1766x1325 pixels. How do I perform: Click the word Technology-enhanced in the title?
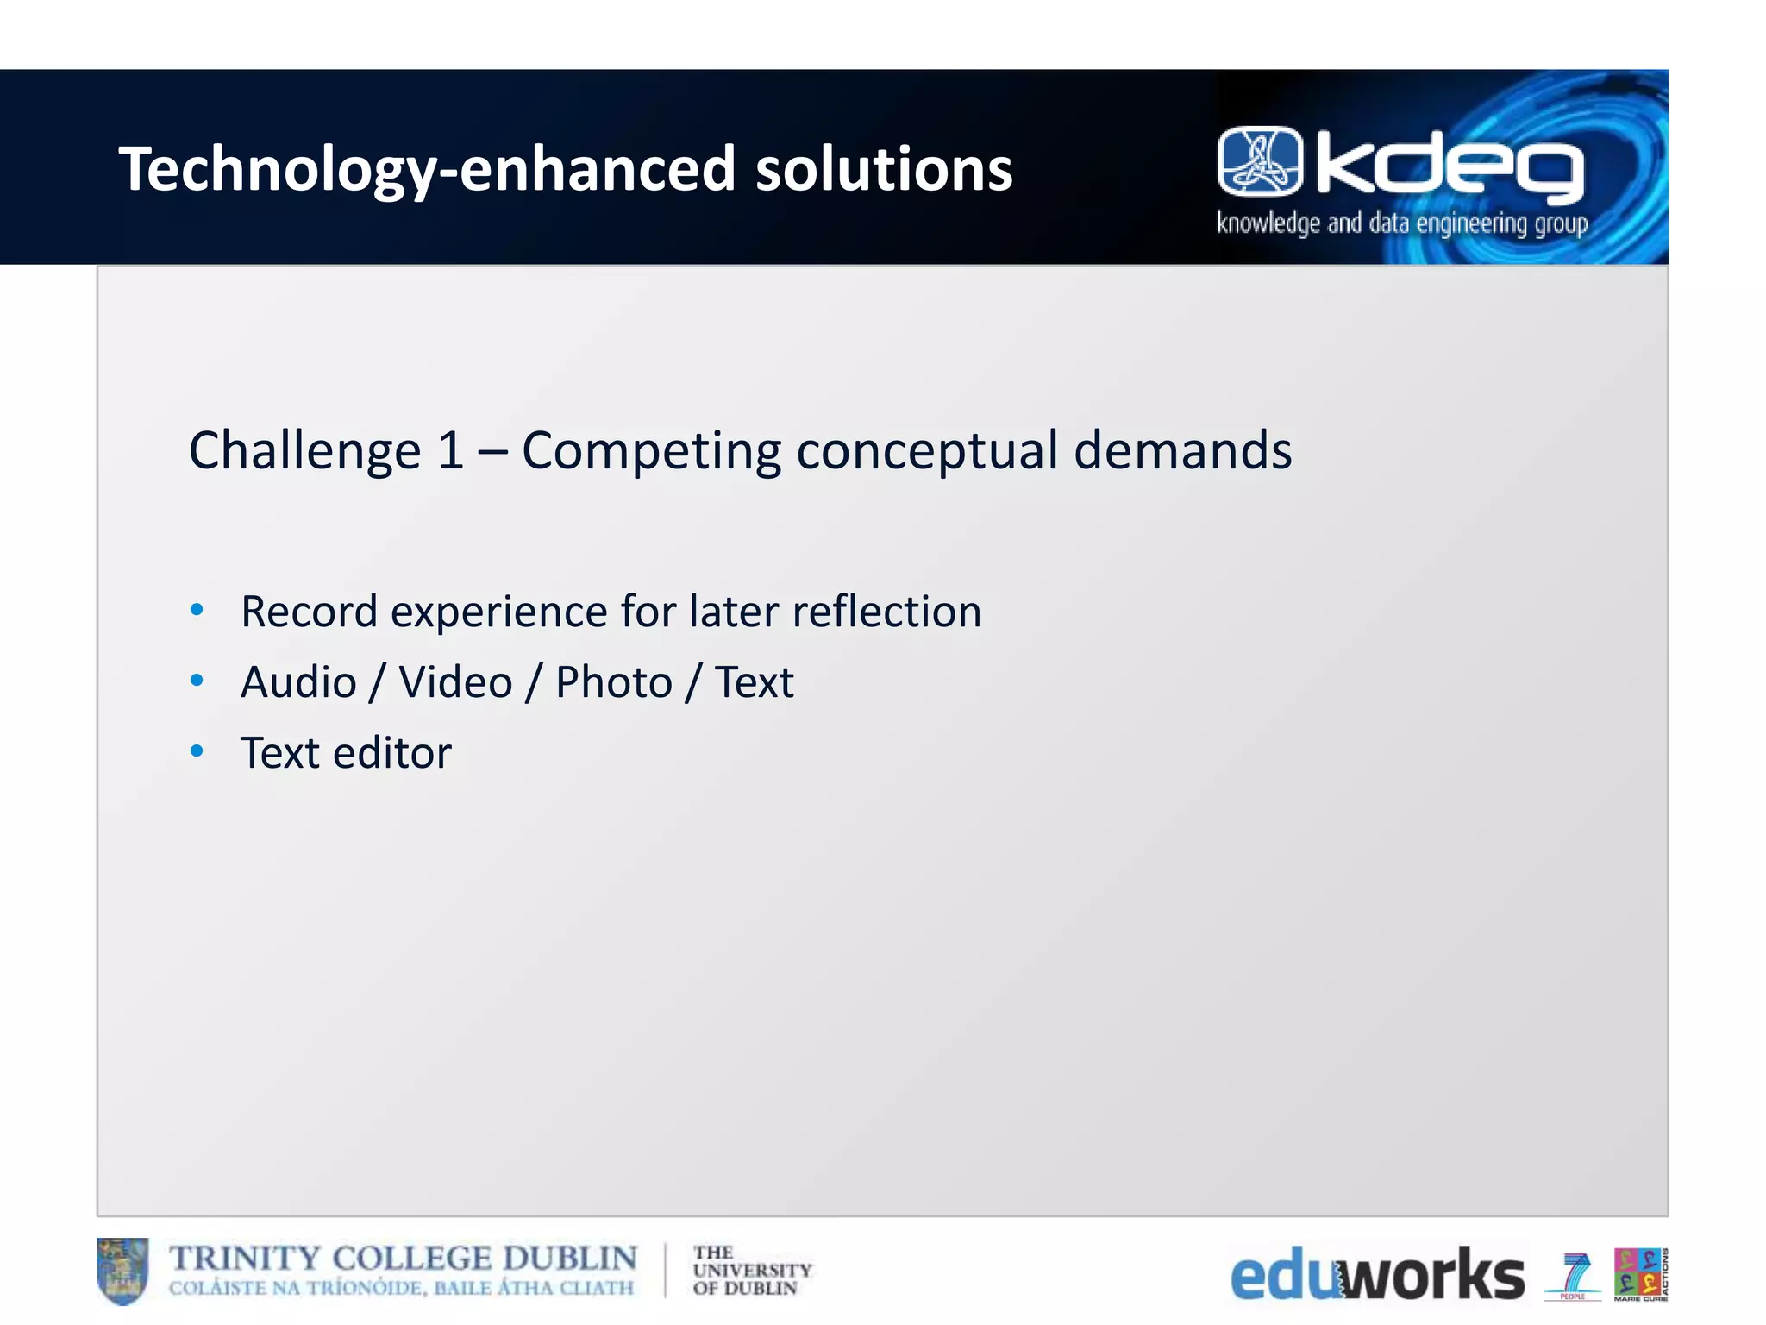pyautogui.click(x=427, y=169)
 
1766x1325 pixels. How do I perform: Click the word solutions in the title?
pyautogui.click(x=884, y=169)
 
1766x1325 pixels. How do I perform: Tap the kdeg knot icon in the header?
pyautogui.click(x=1260, y=161)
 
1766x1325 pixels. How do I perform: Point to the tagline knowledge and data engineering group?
pyautogui.click(x=1402, y=223)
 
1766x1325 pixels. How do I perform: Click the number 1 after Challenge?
pyautogui.click(x=450, y=450)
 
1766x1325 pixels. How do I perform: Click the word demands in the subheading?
pyautogui.click(x=1182, y=450)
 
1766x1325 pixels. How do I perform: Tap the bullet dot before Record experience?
pyautogui.click(x=197, y=610)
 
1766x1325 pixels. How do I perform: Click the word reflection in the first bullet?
pyautogui.click(x=886, y=612)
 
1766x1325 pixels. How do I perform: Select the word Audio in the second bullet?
pyautogui.click(x=298, y=682)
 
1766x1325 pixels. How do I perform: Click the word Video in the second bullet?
pyautogui.click(x=455, y=682)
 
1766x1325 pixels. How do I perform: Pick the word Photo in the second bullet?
pyautogui.click(x=613, y=682)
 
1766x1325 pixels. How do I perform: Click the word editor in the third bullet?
pyautogui.click(x=392, y=753)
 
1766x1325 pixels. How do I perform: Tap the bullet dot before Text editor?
pyautogui.click(x=197, y=751)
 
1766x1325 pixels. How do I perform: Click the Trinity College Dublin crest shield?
pyautogui.click(x=122, y=1271)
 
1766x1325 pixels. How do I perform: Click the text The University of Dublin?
pyautogui.click(x=751, y=1271)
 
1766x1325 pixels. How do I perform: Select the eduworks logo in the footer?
pyautogui.click(x=1376, y=1274)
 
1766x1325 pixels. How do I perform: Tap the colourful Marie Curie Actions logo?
pyautogui.click(x=1640, y=1274)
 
